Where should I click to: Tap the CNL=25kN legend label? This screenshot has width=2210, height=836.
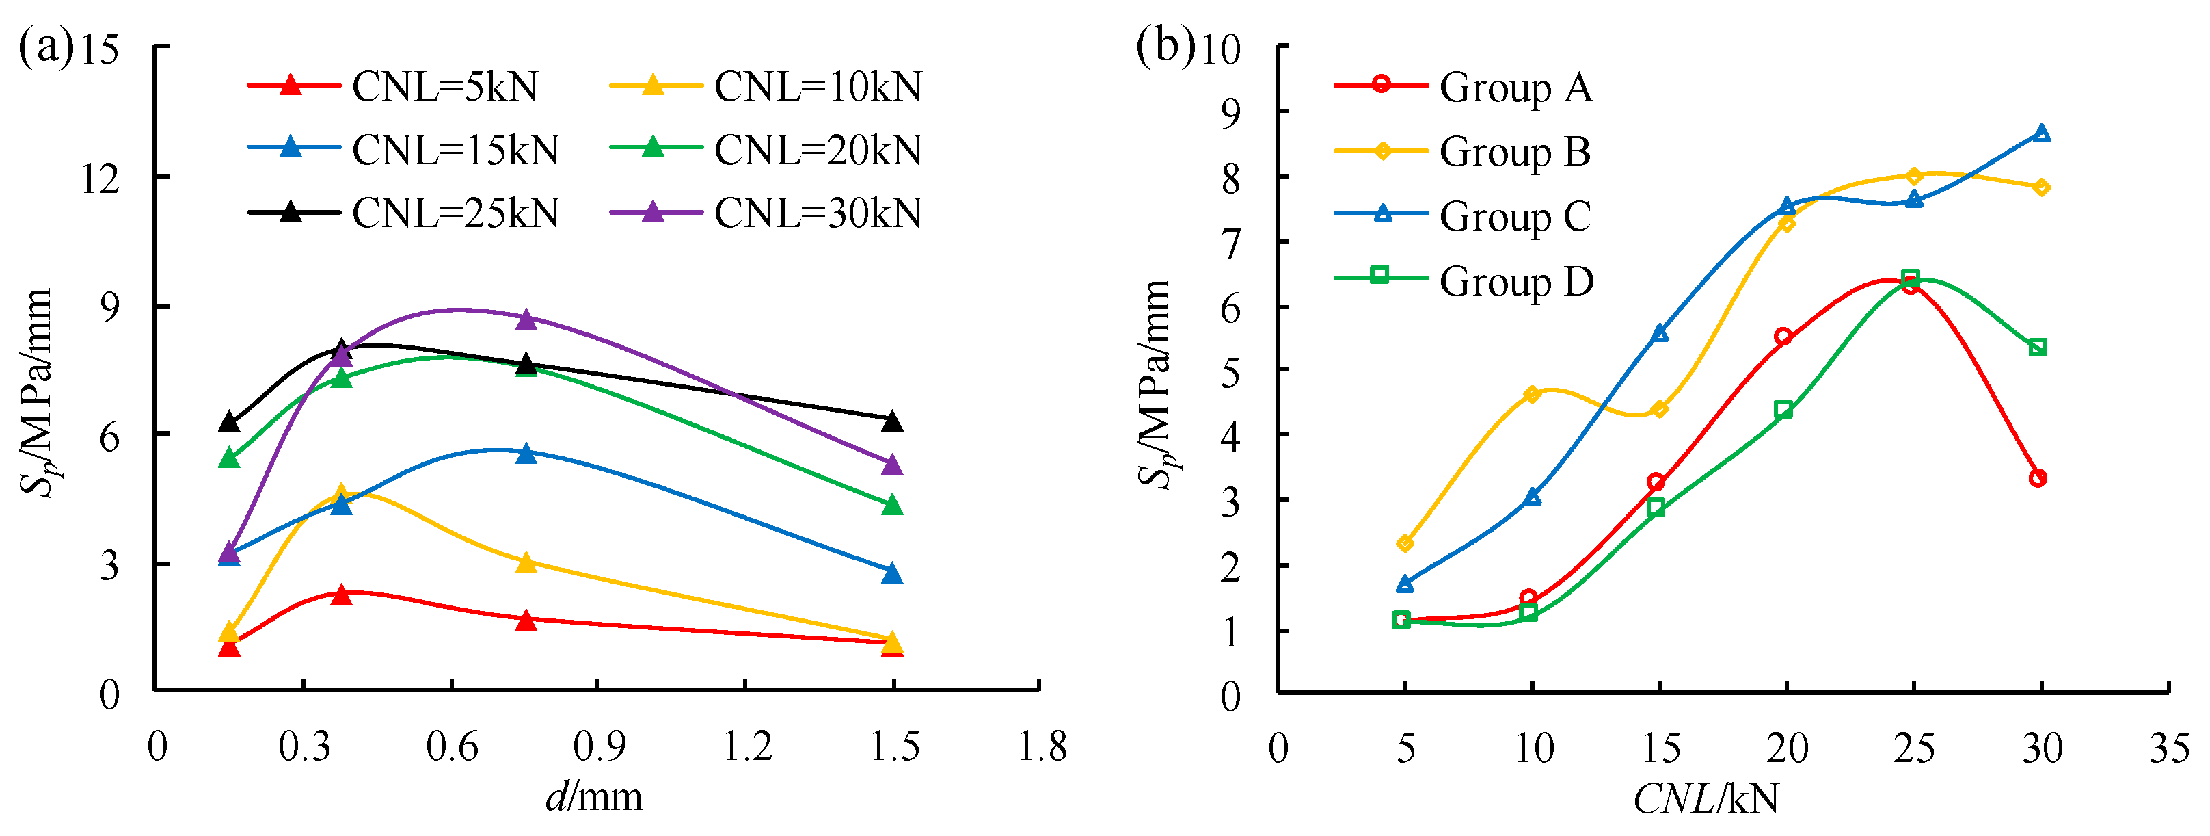tap(455, 213)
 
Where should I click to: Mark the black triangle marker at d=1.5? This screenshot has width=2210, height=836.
tap(892, 421)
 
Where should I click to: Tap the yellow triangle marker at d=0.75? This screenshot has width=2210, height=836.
tap(527, 562)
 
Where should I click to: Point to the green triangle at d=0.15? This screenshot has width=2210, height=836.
tap(229, 458)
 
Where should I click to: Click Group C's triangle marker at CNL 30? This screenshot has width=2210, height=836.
tap(2041, 133)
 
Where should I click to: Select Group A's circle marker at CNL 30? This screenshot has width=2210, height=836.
tap(2038, 478)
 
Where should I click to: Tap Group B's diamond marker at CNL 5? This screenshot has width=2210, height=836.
tap(1405, 543)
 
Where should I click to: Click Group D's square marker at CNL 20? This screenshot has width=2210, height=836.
tap(1783, 409)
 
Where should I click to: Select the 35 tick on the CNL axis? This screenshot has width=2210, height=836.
tap(2169, 748)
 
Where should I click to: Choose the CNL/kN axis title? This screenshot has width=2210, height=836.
tap(1706, 799)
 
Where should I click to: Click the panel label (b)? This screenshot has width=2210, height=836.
tap(1164, 44)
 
